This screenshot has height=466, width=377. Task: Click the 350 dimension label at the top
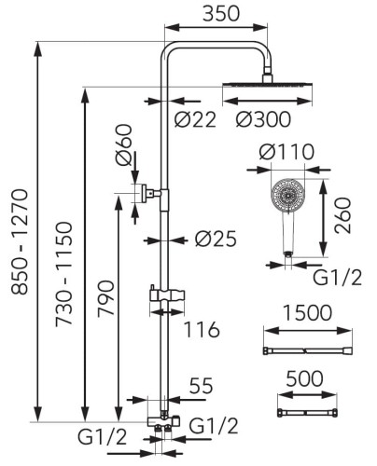tap(221, 13)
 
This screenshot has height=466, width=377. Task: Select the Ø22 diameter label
tap(195, 119)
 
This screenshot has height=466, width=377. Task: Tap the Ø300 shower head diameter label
tap(263, 119)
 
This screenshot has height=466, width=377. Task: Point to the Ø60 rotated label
tap(124, 144)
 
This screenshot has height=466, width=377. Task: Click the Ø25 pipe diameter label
tap(216, 240)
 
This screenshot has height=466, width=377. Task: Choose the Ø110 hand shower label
tap(286, 152)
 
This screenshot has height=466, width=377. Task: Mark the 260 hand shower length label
tap(342, 215)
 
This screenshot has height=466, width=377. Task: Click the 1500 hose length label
tap(308, 312)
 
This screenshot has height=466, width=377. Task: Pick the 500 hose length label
tap(304, 378)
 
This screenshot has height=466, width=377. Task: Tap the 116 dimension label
tap(202, 329)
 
